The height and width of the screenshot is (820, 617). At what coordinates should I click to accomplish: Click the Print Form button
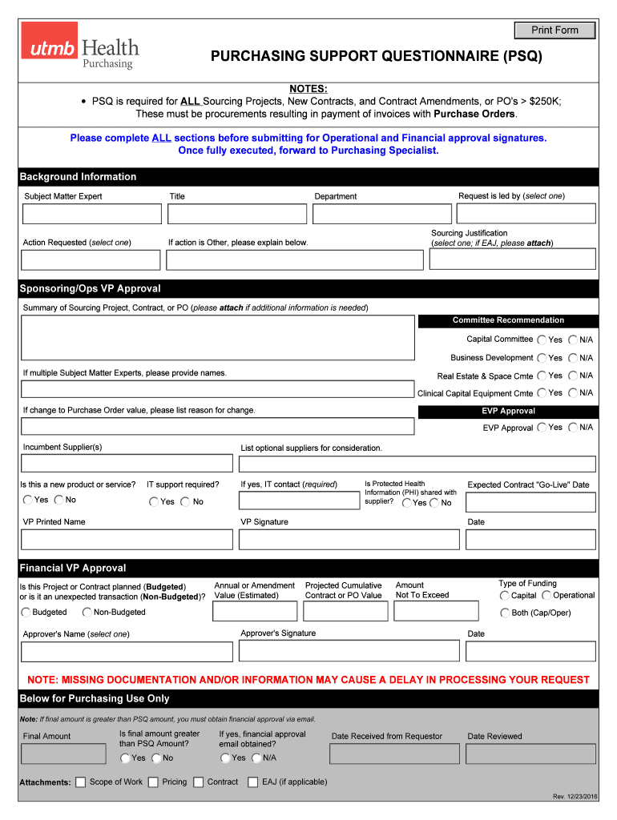pyautogui.click(x=554, y=30)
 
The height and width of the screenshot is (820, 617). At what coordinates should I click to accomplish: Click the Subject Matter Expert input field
pyautogui.click(x=91, y=214)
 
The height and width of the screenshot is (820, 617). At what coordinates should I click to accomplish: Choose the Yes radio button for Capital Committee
pyautogui.click(x=542, y=340)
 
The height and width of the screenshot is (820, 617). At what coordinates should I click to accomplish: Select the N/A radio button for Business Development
pyautogui.click(x=573, y=358)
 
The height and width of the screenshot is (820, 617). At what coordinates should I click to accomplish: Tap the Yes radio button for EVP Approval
pyautogui.click(x=542, y=428)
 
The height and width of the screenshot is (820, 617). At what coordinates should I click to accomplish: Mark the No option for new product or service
pyautogui.click(x=58, y=500)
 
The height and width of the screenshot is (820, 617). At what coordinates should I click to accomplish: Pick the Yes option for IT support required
pyautogui.click(x=154, y=502)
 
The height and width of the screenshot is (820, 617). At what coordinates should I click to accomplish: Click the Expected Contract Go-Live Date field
pyautogui.click(x=530, y=502)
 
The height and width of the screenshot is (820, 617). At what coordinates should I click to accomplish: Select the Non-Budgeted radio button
pyautogui.click(x=87, y=613)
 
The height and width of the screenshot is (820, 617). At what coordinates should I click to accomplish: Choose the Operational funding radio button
pyautogui.click(x=546, y=596)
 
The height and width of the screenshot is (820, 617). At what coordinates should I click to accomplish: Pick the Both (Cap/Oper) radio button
pyautogui.click(x=505, y=613)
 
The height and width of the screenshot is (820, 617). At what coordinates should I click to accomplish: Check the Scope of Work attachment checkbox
pyautogui.click(x=80, y=782)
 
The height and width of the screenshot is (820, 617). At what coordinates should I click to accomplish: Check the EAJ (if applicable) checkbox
pyautogui.click(x=253, y=782)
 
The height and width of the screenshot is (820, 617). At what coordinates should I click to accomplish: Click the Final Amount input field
pyautogui.click(x=63, y=754)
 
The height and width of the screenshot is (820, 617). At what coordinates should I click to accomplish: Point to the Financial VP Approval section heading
pyautogui.click(x=73, y=568)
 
